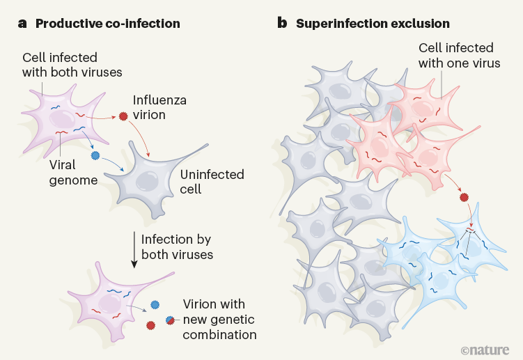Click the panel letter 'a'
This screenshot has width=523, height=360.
22,24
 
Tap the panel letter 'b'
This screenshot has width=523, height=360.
282,23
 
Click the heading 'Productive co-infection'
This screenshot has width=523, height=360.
107,24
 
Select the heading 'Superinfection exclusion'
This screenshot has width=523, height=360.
373,24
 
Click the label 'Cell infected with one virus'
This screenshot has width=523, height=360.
455,56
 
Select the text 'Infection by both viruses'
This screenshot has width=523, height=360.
177,246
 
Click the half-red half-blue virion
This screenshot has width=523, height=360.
169,320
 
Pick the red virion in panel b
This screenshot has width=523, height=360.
464,198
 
